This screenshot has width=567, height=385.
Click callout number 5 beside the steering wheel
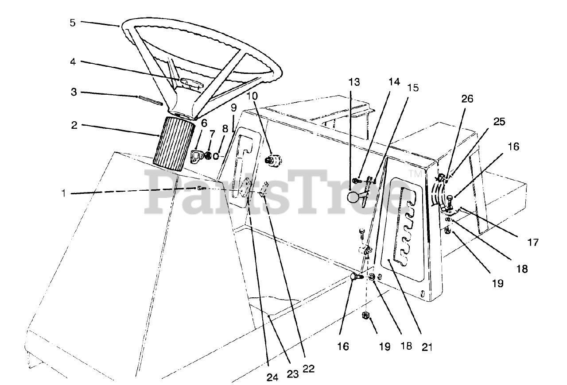[73, 23]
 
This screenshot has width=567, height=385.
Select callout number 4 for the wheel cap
[73, 62]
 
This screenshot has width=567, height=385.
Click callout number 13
[354, 82]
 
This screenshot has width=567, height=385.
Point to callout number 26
[467, 99]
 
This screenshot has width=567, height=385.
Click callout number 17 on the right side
[532, 242]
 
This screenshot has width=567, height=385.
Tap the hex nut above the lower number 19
[366, 316]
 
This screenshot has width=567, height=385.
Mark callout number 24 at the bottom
[272, 377]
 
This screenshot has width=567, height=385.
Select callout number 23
[292, 373]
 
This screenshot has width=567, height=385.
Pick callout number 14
[394, 82]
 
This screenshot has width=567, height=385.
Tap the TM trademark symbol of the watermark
[416, 174]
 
